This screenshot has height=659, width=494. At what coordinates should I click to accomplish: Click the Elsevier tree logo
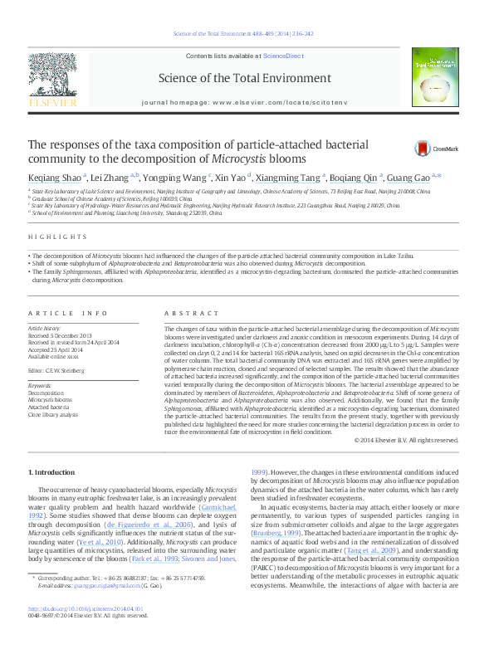click(53, 80)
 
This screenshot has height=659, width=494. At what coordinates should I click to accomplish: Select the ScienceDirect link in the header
click(283, 56)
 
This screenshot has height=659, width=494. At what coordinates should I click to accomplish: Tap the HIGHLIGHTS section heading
click(49, 238)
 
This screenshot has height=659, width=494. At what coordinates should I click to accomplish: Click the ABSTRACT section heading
click(184, 313)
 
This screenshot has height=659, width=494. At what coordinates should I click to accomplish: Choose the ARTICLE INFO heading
click(68, 313)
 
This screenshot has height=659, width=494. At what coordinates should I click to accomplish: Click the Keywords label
click(41, 386)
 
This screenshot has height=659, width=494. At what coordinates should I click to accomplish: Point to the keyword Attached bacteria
click(49, 408)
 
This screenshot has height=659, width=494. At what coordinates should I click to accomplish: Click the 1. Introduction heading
click(51, 471)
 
